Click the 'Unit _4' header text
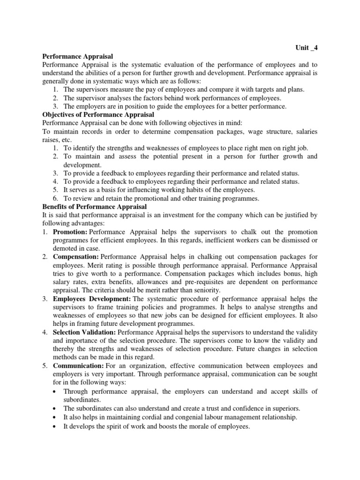click(307, 47)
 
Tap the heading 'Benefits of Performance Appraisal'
click(95, 207)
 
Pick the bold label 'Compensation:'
click(76, 257)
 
